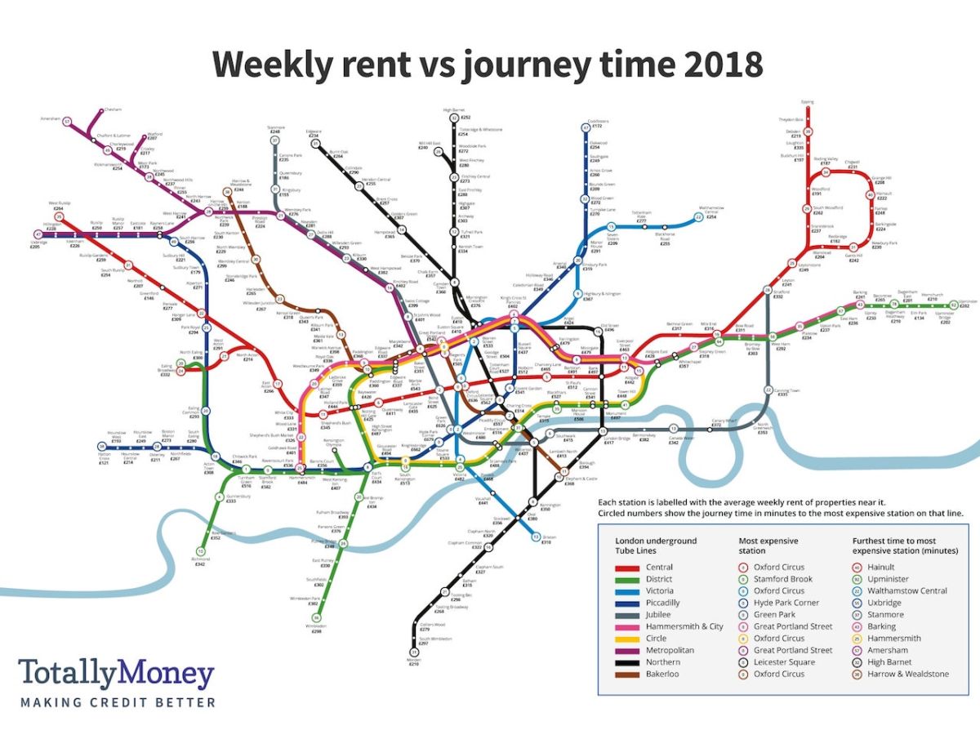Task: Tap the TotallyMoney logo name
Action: tap(116, 675)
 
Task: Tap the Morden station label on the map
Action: tap(413, 661)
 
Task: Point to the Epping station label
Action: tap(808, 102)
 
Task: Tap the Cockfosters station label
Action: tap(600, 122)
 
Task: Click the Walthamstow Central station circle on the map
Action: tap(699, 217)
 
